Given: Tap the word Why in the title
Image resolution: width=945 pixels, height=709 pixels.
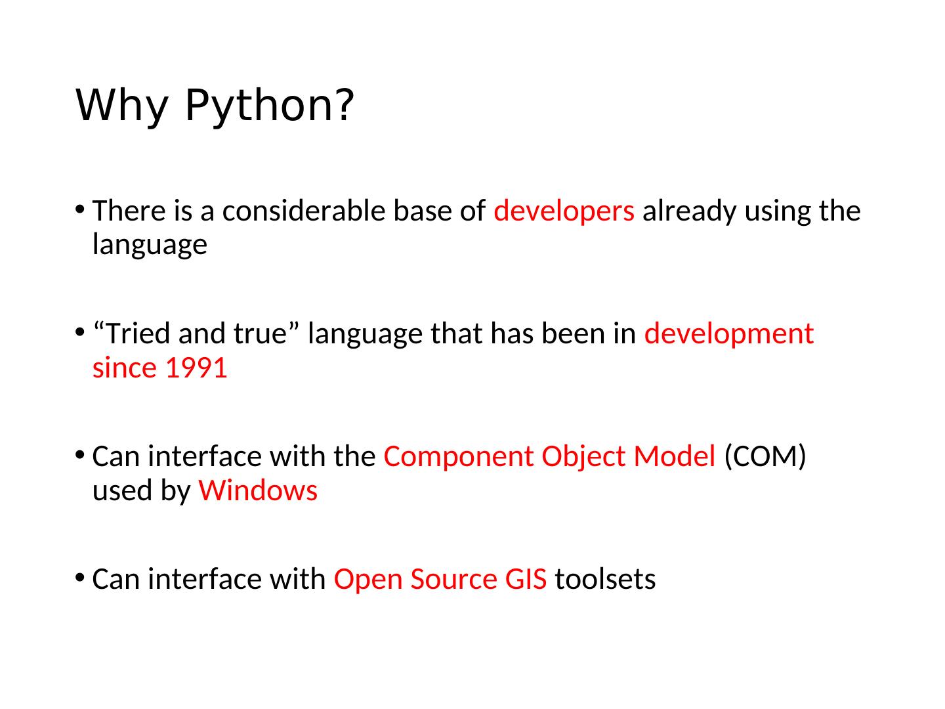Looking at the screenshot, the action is click(x=121, y=106).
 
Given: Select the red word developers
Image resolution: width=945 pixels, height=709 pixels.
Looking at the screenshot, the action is click(x=564, y=212).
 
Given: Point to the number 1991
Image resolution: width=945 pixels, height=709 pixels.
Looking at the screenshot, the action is click(x=196, y=368).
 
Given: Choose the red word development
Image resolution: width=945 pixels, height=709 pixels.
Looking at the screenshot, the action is click(x=728, y=335).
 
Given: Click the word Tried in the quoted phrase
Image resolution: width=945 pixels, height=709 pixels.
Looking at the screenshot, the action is click(x=138, y=333).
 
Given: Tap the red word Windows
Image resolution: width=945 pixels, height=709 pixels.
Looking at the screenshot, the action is click(x=257, y=491).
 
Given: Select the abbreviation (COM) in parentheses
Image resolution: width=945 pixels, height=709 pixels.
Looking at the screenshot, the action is click(x=765, y=456).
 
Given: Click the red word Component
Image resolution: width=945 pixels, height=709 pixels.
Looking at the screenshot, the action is click(x=459, y=457).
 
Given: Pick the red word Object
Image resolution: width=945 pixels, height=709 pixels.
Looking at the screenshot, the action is click(x=583, y=457).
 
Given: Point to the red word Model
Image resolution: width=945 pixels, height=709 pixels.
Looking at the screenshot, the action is click(x=674, y=456).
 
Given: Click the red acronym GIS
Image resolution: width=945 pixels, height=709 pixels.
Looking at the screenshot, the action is click(x=526, y=579).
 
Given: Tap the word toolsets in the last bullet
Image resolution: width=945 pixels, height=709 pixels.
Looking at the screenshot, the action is click(x=605, y=578).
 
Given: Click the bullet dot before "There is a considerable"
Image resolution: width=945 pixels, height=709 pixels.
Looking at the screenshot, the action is click(x=79, y=209).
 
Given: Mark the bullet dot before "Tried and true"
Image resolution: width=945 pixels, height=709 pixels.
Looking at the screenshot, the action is click(x=79, y=332).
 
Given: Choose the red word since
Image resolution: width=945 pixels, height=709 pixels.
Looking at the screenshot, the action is click(x=125, y=368).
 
